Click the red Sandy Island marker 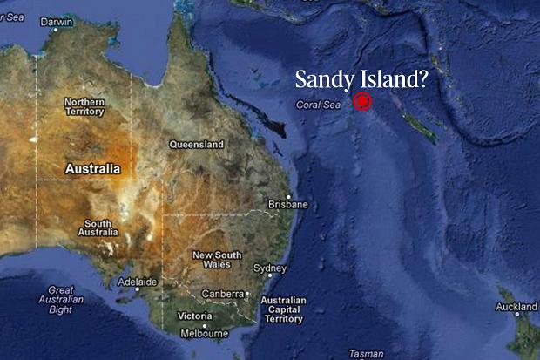[362, 101]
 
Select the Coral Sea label [317, 105]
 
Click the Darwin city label [57, 22]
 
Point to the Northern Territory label [84, 107]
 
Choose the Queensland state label [196, 144]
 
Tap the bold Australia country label [91, 168]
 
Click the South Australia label [98, 228]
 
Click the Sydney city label [269, 268]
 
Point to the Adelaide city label [138, 282]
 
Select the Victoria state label [193, 316]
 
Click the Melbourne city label [204, 334]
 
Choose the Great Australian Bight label [60, 299]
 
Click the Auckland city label [516, 307]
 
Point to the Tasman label [365, 354]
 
